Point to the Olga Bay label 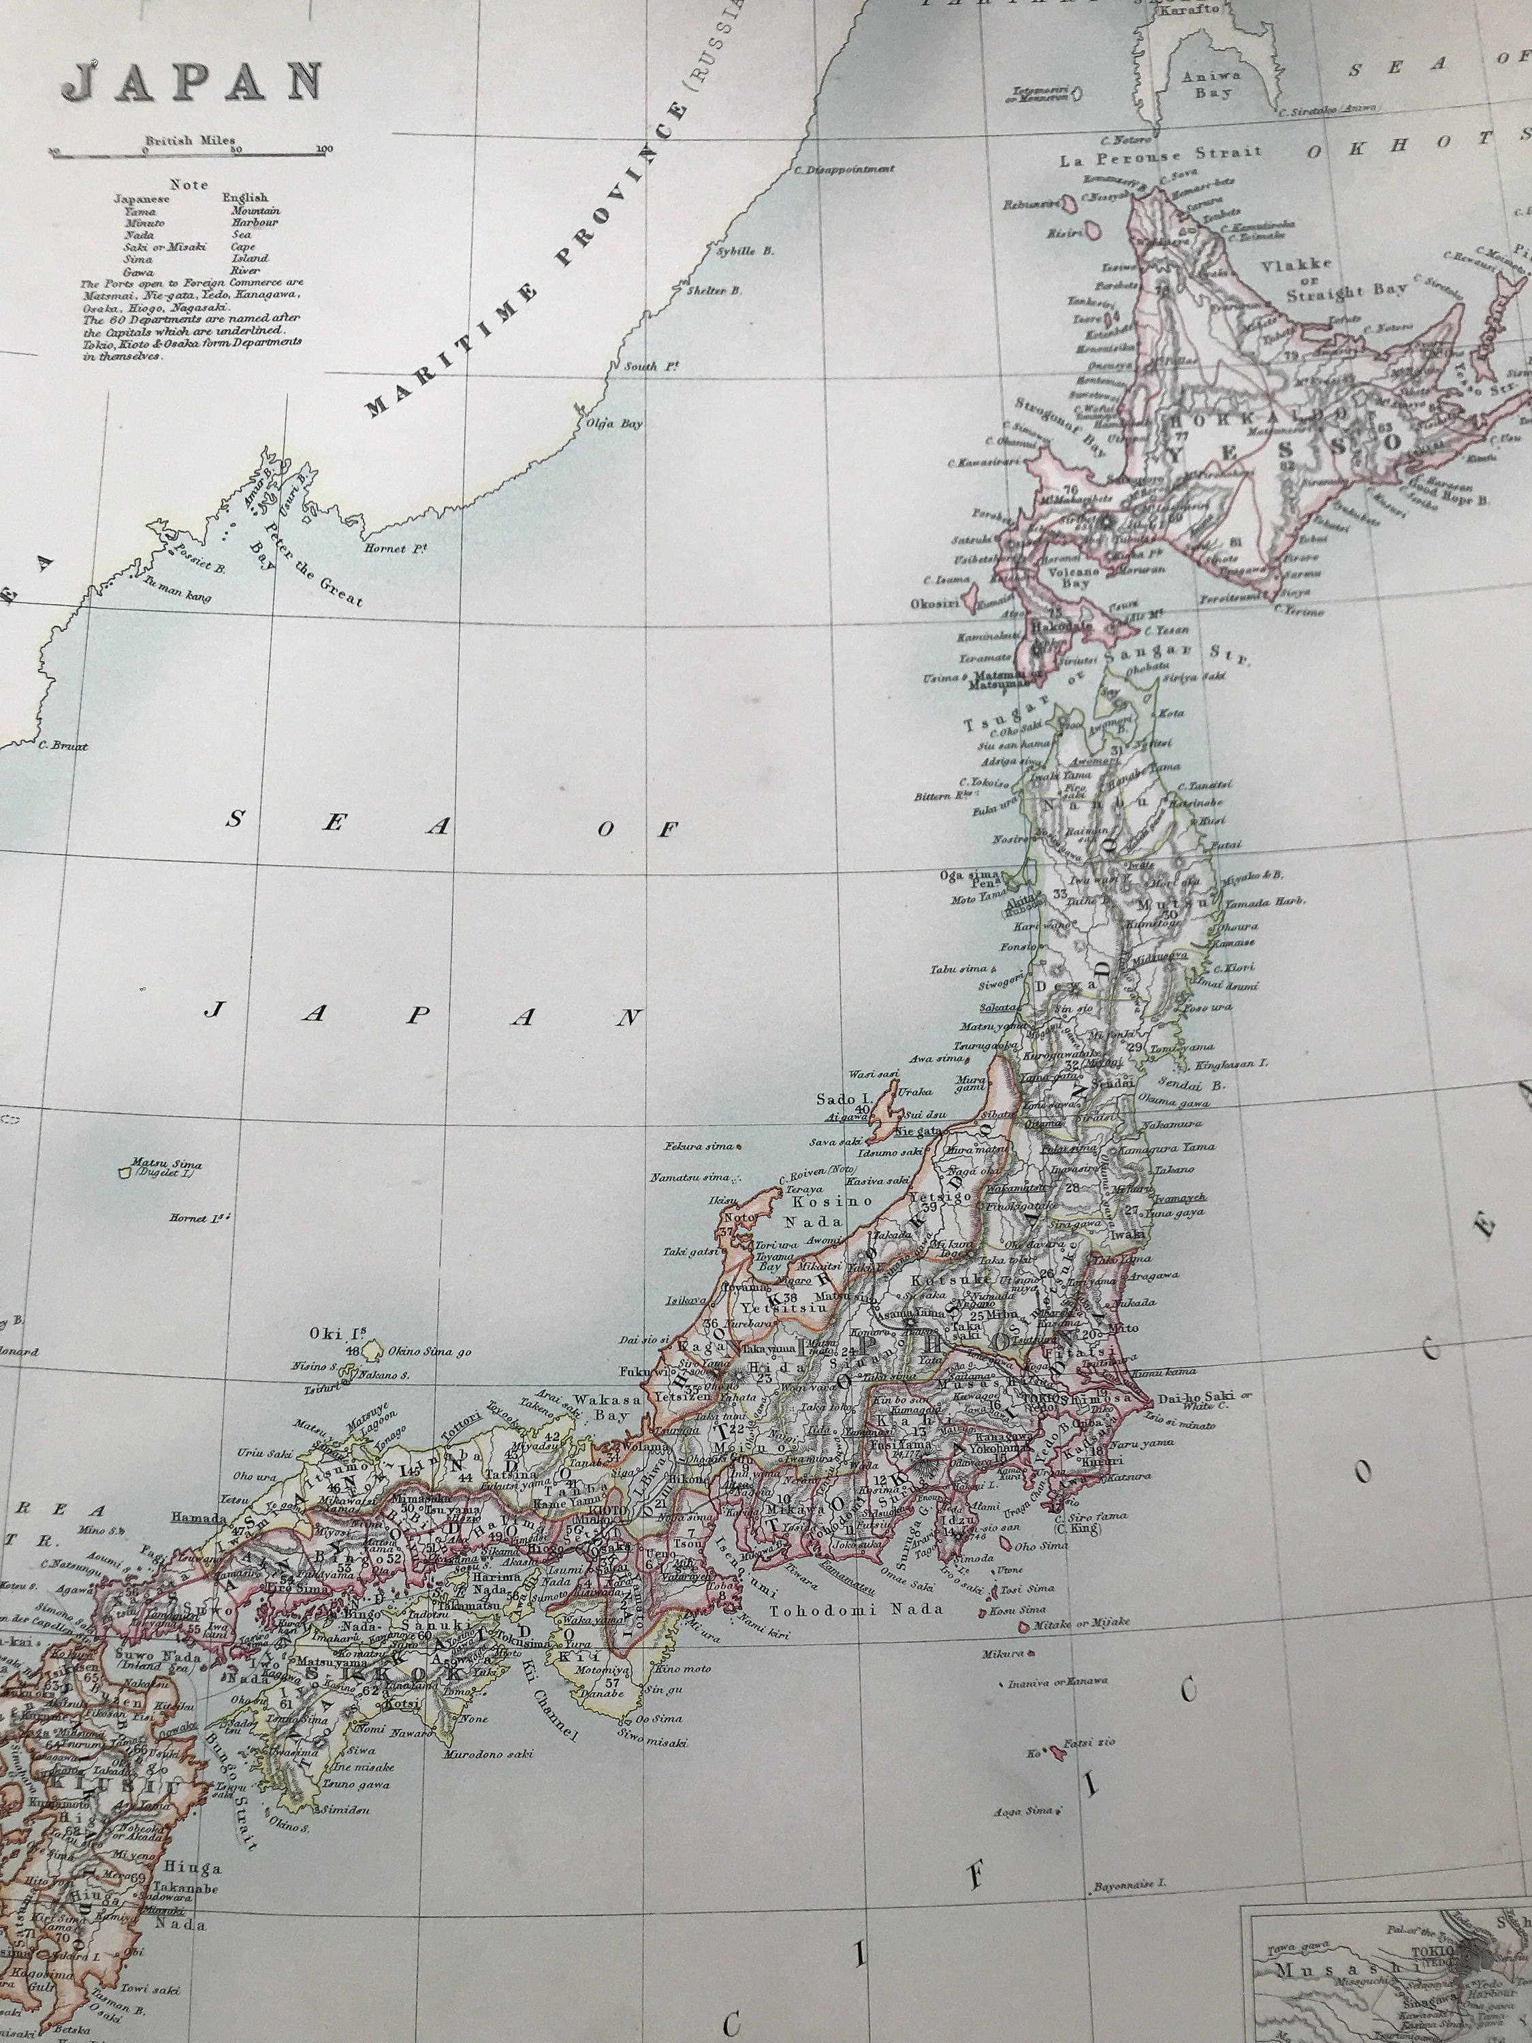[609, 424]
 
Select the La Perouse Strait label [1160, 157]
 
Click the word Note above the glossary [189, 185]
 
